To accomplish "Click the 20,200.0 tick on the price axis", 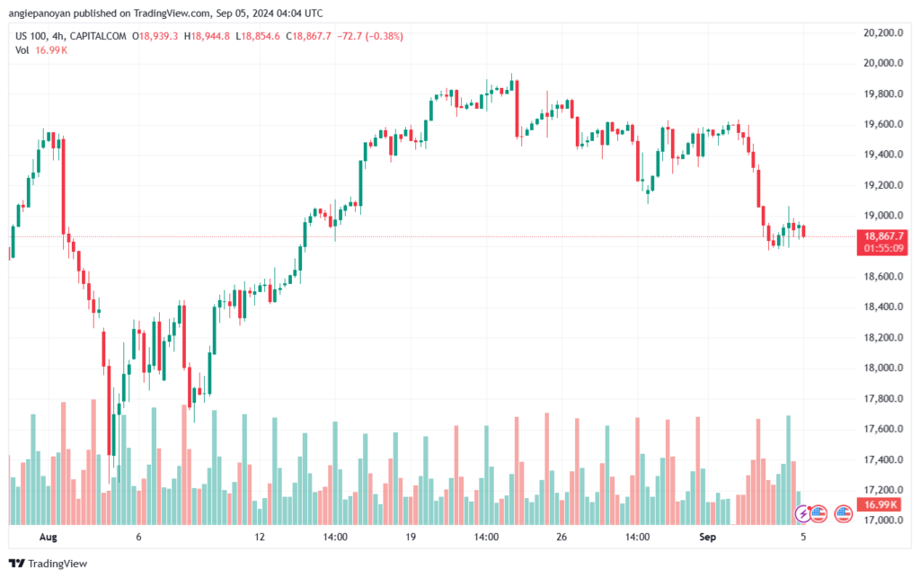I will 878,33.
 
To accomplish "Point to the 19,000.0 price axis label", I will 878,216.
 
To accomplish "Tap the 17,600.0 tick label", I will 878,429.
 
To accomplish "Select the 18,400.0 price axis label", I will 878,307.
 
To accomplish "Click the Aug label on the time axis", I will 49,537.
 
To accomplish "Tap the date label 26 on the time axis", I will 561,537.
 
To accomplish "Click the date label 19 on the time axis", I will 411,537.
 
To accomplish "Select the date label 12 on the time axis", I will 260,537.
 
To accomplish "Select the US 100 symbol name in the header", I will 33,36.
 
